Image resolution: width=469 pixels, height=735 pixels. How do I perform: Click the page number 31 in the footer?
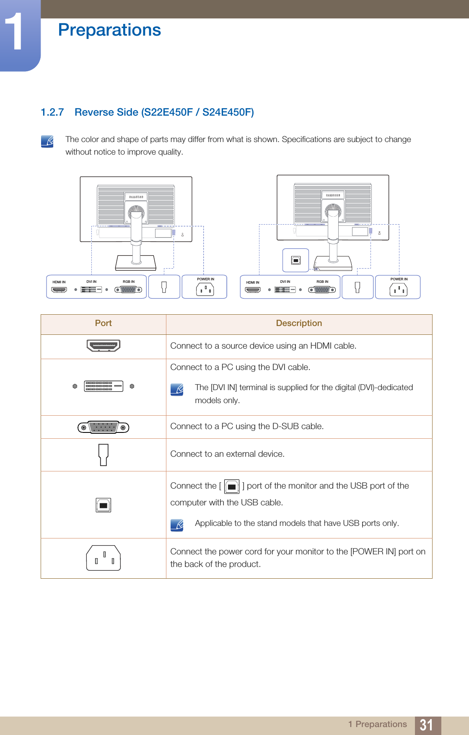click(x=427, y=725)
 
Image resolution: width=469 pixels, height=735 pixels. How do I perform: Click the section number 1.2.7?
click(x=52, y=112)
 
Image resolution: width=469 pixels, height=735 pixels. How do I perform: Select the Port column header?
click(x=103, y=323)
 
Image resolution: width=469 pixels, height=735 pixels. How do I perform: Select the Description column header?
click(x=299, y=323)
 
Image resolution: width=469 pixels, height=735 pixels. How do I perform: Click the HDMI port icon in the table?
click(x=103, y=346)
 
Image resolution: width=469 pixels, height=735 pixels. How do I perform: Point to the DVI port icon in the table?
click(x=104, y=386)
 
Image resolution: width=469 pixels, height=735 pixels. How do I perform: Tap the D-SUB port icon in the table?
click(x=104, y=427)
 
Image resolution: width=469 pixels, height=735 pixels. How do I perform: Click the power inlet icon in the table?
click(x=104, y=558)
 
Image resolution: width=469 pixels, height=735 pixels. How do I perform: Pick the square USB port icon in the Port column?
click(x=104, y=505)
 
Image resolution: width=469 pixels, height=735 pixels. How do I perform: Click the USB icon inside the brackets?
click(x=232, y=487)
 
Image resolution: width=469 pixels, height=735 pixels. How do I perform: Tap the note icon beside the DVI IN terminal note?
click(x=177, y=390)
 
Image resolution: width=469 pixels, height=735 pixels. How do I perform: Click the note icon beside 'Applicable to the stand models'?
click(x=177, y=525)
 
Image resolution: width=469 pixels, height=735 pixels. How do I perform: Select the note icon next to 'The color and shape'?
click(x=47, y=141)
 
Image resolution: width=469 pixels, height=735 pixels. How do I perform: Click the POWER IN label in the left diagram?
click(x=205, y=279)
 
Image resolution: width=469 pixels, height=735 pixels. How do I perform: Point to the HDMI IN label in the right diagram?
click(x=253, y=282)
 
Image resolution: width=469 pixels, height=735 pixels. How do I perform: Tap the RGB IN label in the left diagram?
click(x=129, y=282)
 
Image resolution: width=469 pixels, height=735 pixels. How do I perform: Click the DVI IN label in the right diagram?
click(x=285, y=282)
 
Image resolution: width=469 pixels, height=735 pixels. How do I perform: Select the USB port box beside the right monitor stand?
click(x=295, y=260)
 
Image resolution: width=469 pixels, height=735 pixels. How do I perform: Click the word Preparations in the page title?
click(x=109, y=30)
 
